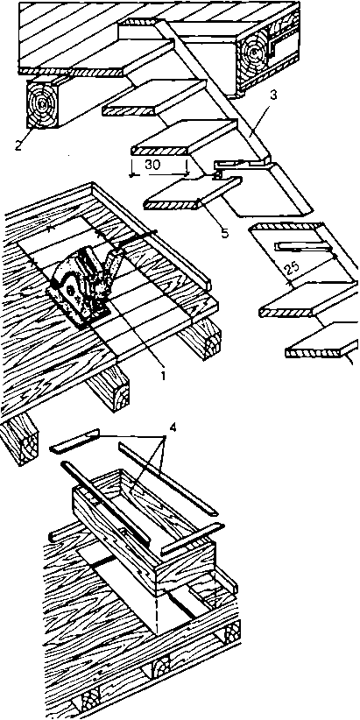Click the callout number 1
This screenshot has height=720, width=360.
click(x=162, y=375)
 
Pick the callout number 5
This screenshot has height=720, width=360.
click(x=224, y=233)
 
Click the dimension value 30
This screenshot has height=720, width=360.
click(x=152, y=165)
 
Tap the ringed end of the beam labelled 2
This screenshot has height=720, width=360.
click(x=42, y=103)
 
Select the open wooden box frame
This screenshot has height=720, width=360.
click(x=145, y=529)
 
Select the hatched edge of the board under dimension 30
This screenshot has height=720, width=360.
click(x=159, y=150)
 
